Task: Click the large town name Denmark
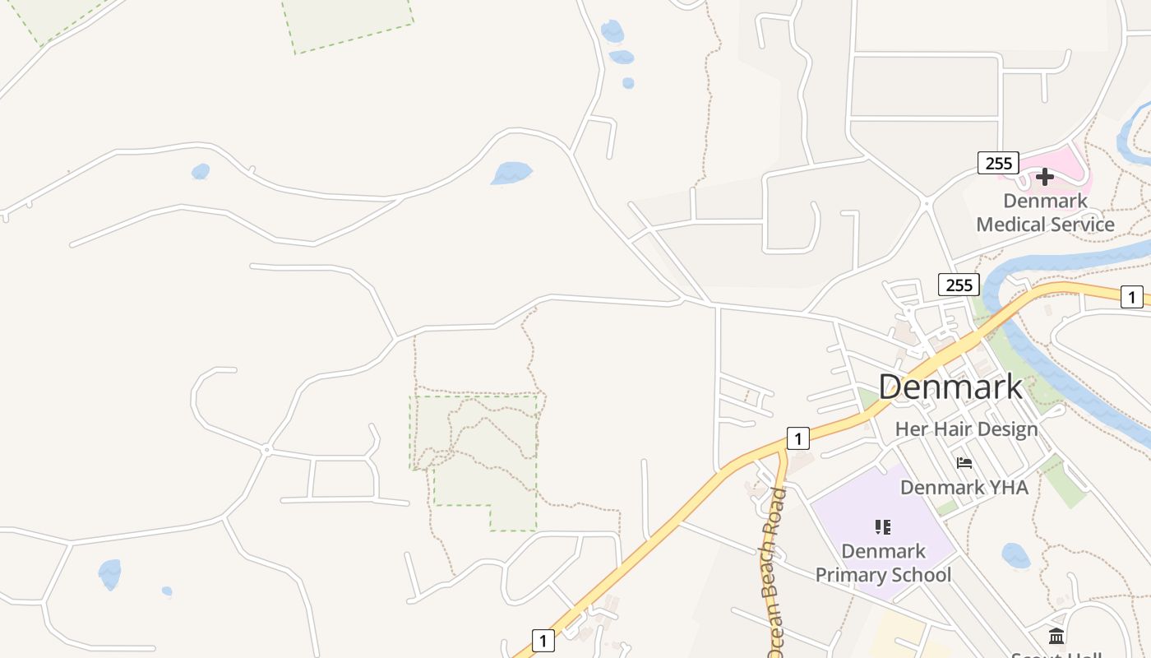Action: pos(950,387)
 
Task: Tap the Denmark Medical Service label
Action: pos(1045,212)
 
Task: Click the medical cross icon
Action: pos(1045,177)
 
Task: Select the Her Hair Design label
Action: pos(966,429)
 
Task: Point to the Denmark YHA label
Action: pos(964,488)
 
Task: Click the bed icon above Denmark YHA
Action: pos(964,463)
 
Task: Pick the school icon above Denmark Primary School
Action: pos(883,526)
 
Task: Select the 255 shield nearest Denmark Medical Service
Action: pos(998,163)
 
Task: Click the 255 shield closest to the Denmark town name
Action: pos(959,285)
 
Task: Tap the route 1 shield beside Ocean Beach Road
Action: pos(797,438)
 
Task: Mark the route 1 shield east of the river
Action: pos(1132,297)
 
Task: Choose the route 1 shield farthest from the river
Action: pos(543,640)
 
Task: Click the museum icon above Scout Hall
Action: pos(1056,636)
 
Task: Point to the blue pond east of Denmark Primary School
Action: pos(1016,556)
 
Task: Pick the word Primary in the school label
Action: pos(852,575)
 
